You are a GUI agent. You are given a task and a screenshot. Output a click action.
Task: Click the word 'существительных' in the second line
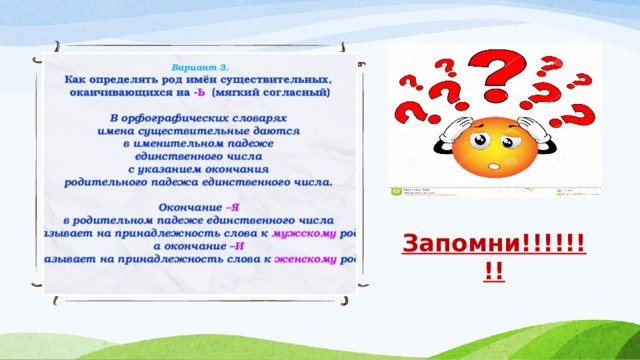[276, 77]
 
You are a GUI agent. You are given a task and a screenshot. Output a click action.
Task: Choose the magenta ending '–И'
[237, 245]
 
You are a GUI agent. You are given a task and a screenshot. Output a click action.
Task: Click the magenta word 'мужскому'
[304, 232]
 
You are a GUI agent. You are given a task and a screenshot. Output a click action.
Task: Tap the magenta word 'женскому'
[305, 258]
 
